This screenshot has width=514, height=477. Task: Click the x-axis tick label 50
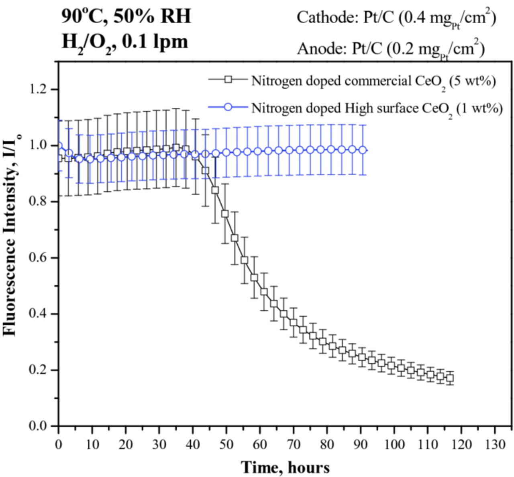coord(226,444)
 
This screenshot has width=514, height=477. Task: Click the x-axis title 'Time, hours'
coord(285,467)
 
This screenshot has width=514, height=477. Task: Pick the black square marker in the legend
coord(228,80)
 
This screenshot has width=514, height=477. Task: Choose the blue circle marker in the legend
coord(228,107)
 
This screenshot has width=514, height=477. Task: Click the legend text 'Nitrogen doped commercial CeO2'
coord(373,81)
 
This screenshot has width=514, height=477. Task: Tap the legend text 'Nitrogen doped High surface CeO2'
coord(377,109)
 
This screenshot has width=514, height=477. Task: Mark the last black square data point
coord(450,378)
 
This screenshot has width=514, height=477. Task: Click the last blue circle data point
coord(362,150)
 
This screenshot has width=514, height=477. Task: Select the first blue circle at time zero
coord(59,146)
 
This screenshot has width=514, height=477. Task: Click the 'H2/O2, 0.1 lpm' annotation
coord(124,41)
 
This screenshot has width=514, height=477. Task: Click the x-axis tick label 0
coord(59,444)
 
